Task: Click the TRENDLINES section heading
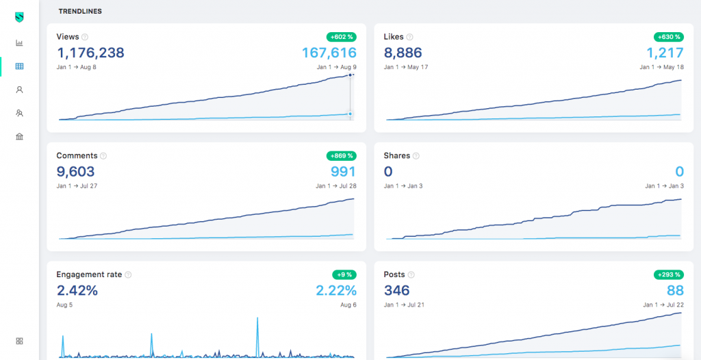[81, 11]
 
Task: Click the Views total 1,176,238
[90, 53]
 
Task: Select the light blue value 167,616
[329, 53]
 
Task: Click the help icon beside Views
[85, 37]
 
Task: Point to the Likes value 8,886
[403, 53]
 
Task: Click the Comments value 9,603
[75, 172]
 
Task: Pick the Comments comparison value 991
[343, 172]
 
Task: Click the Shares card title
[397, 156]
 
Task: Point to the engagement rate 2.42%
[77, 290]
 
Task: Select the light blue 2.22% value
[336, 290]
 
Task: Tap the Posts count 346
[397, 290]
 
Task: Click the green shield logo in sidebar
[19, 17]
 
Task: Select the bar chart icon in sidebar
[19, 43]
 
